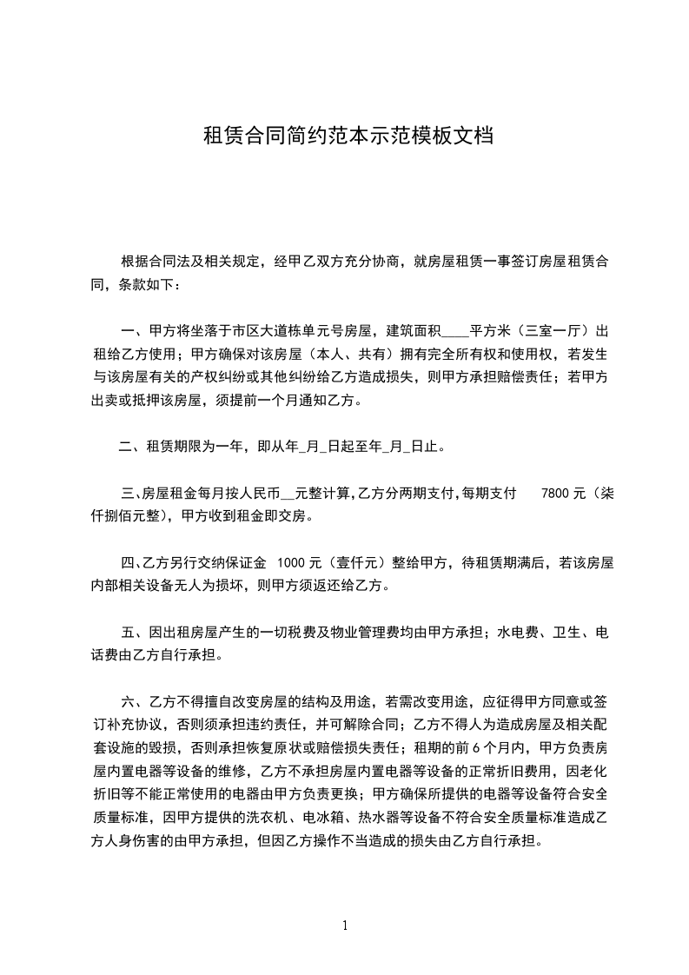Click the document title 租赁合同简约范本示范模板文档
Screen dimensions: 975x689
348,136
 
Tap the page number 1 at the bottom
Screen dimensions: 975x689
346,925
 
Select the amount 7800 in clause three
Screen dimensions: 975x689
554,493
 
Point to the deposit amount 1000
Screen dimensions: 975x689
288,563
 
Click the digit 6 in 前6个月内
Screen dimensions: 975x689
489,747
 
